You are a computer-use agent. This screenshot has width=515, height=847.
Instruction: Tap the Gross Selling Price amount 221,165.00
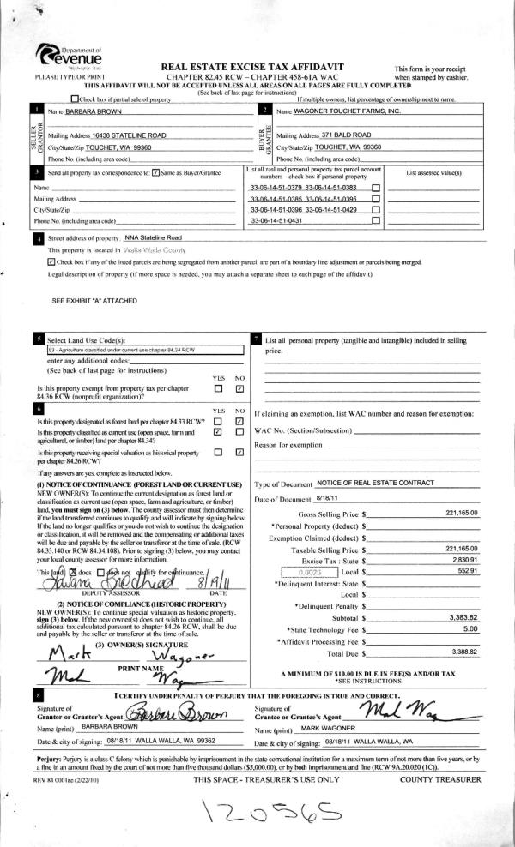(x=462, y=513)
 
